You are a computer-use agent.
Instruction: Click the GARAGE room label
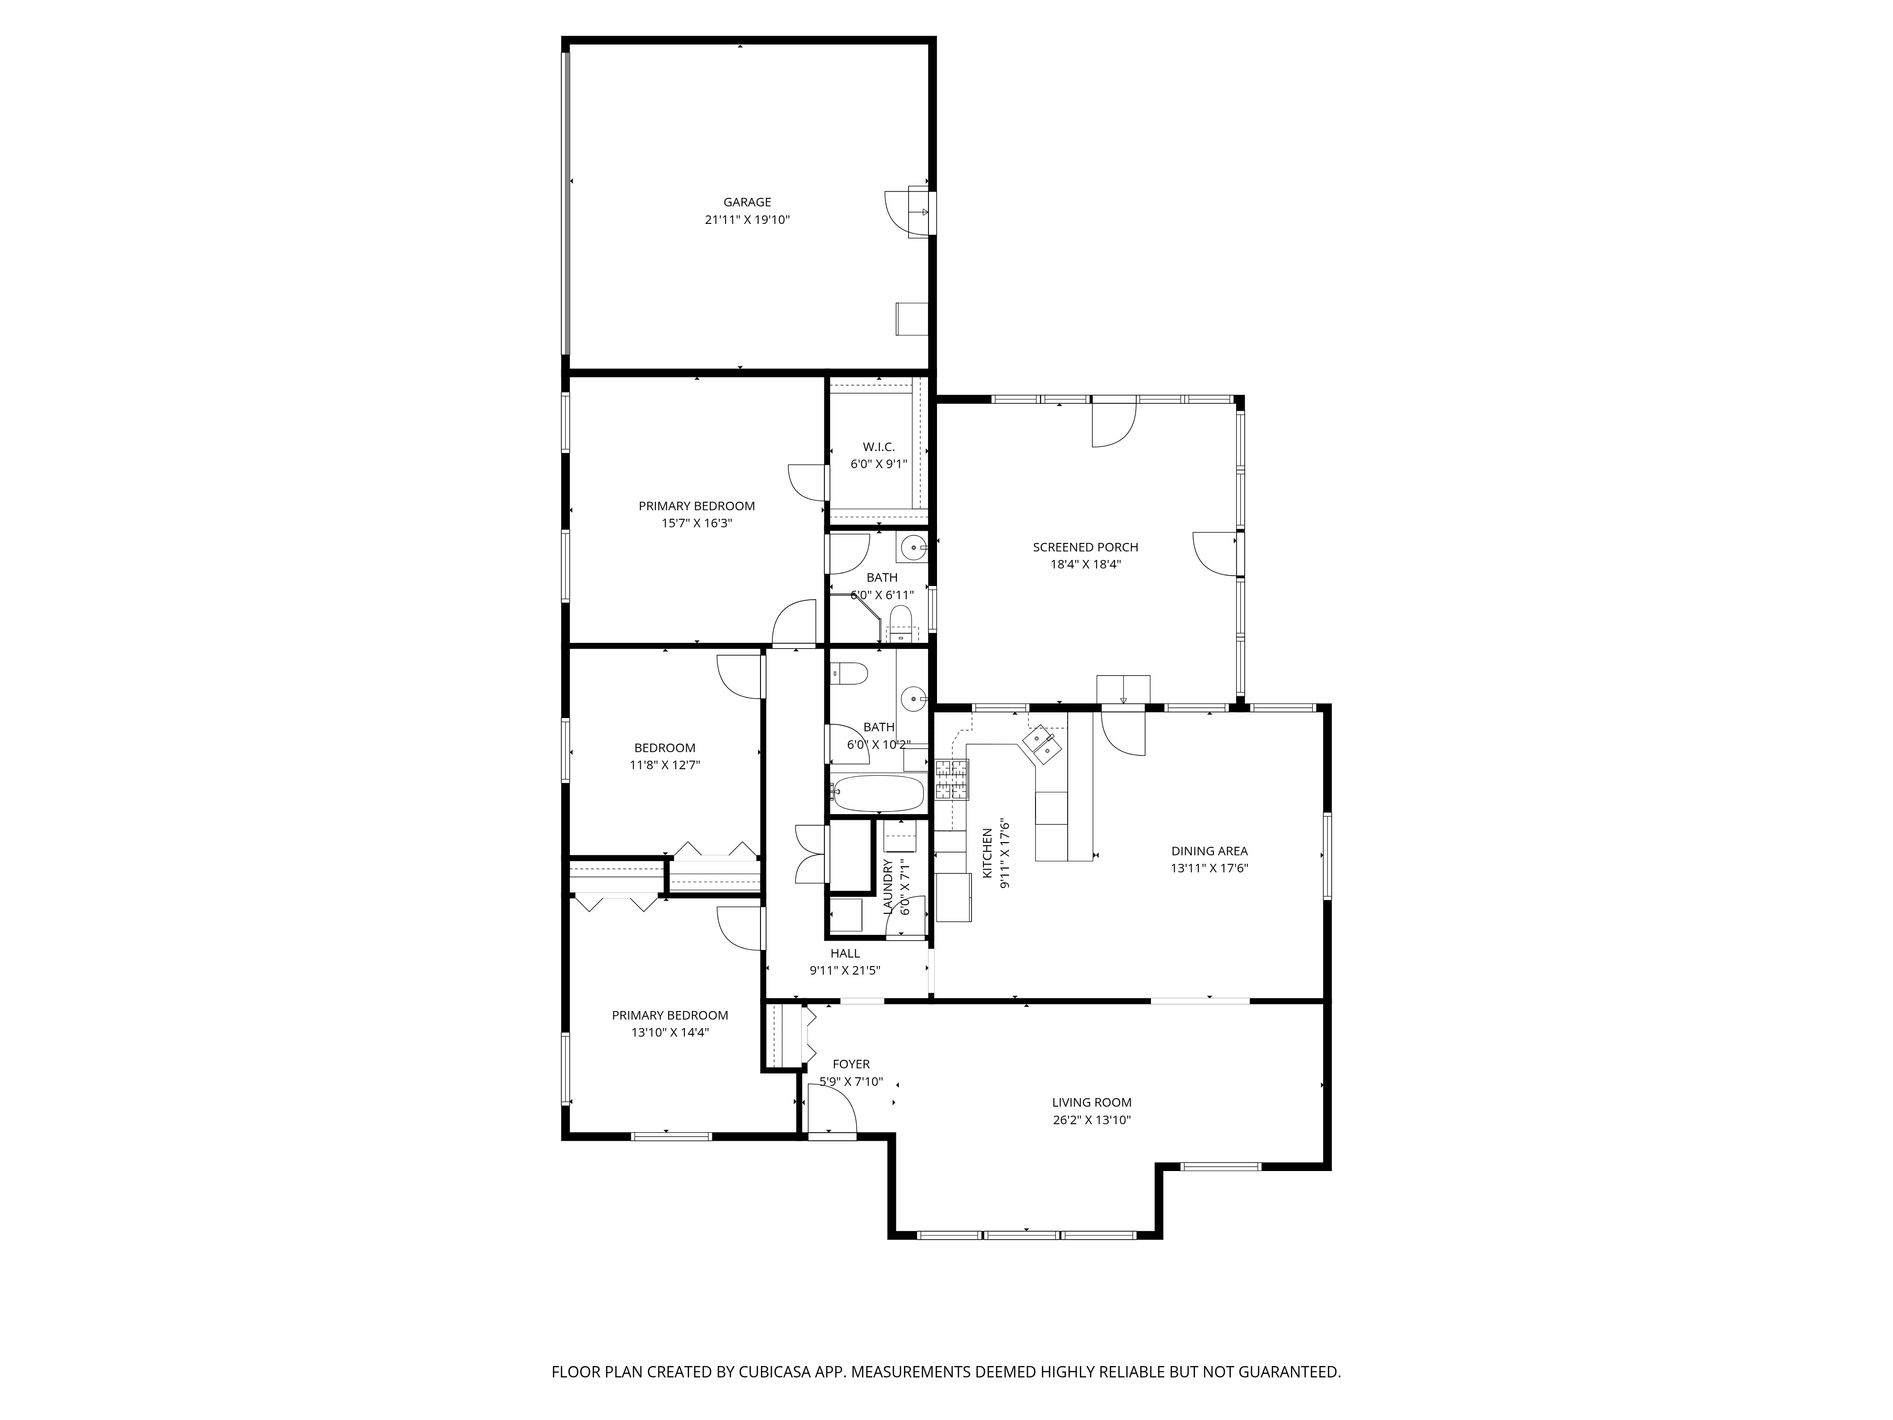click(x=747, y=202)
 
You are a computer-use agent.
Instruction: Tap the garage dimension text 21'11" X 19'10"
click(x=747, y=220)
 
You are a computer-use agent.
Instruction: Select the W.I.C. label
click(x=879, y=447)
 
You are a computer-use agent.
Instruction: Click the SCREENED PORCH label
click(x=1085, y=547)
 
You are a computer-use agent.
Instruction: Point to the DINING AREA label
click(x=1209, y=851)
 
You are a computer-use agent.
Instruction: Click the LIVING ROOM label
click(x=1092, y=1102)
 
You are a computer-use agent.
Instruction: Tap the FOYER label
click(x=850, y=1064)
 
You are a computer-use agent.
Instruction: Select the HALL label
click(x=845, y=953)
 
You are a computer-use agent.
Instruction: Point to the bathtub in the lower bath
click(x=878, y=793)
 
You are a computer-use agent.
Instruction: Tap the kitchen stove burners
click(x=953, y=779)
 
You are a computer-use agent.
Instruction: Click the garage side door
click(x=907, y=212)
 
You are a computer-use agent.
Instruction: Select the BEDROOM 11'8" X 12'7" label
click(x=665, y=757)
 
